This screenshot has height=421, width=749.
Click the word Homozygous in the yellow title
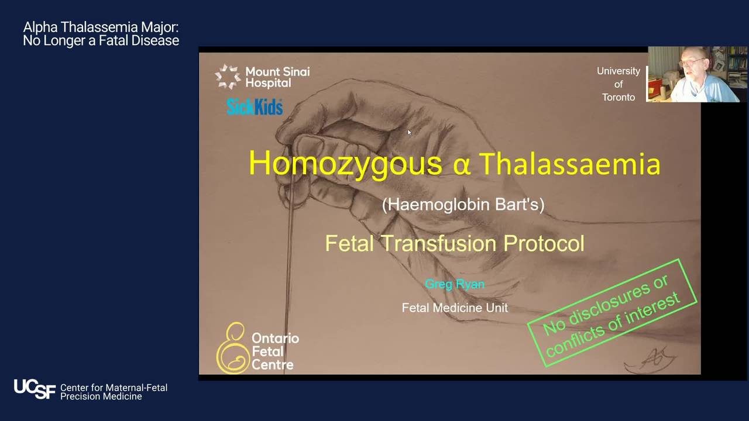(x=345, y=164)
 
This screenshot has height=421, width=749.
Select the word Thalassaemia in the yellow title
(x=570, y=164)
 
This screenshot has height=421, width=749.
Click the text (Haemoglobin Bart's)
(x=463, y=205)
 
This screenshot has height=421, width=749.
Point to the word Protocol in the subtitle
(x=544, y=243)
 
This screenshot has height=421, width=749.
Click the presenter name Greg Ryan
(x=455, y=284)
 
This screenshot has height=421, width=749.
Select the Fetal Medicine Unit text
(x=455, y=308)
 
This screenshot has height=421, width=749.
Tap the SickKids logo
(x=255, y=107)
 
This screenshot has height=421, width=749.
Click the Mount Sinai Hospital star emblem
(x=228, y=77)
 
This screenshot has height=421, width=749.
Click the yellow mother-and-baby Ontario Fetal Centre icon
(x=233, y=348)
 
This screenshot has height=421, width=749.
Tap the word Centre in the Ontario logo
(x=273, y=365)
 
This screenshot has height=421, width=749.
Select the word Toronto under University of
(x=619, y=97)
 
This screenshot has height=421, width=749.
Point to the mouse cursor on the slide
(x=409, y=132)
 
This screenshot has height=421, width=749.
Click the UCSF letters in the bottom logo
(x=35, y=389)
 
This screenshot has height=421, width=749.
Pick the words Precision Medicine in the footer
(x=101, y=396)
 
